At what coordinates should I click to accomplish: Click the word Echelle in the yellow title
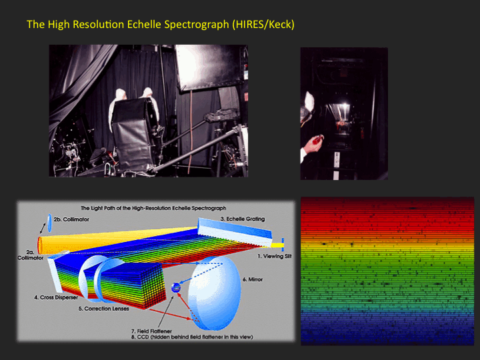pyautogui.click(x=144, y=24)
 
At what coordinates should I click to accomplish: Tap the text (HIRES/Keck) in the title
pyautogui.click(x=263, y=25)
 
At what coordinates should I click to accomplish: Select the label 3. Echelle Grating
pyautogui.click(x=243, y=219)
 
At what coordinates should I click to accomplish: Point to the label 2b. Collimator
pyautogui.click(x=71, y=219)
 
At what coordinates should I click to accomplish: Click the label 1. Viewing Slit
pyautogui.click(x=274, y=256)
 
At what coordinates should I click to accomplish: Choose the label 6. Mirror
pyautogui.click(x=253, y=279)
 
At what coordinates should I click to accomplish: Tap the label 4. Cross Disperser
pyautogui.click(x=56, y=297)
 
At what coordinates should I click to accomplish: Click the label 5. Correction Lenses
pyautogui.click(x=104, y=309)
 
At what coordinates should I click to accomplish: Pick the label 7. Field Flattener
pyautogui.click(x=151, y=331)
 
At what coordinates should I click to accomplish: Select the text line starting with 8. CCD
pyautogui.click(x=192, y=337)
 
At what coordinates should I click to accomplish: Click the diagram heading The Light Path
pyautogui.click(x=153, y=208)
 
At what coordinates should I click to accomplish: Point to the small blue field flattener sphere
pyautogui.click(x=176, y=287)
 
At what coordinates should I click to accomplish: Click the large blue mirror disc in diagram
pyautogui.click(x=214, y=293)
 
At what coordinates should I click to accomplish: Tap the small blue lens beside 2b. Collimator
pyautogui.click(x=50, y=223)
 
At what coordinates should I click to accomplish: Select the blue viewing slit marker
pyautogui.click(x=283, y=245)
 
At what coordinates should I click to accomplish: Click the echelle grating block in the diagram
pyautogui.click(x=235, y=232)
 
